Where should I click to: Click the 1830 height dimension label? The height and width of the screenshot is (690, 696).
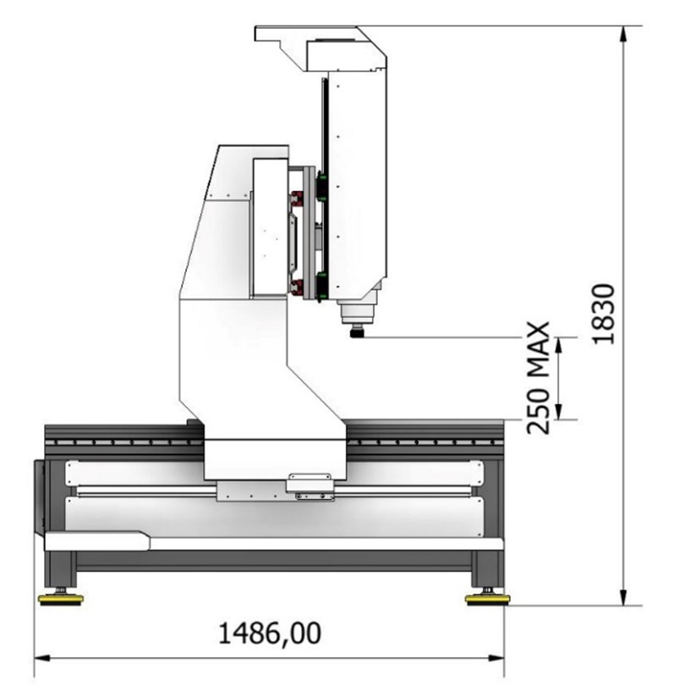pos(604,314)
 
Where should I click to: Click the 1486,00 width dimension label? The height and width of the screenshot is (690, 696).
pos(270,633)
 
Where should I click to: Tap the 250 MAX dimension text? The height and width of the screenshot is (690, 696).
pos(538,378)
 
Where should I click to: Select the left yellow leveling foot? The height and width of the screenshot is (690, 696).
pos(60,600)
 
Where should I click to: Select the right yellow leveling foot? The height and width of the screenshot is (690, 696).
pos(487,600)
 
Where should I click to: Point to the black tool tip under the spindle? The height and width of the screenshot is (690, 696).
pos(357,332)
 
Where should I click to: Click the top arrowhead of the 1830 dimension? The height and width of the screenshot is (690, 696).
pos(624,34)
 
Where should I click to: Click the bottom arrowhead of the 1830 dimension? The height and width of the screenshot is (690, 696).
pos(624,597)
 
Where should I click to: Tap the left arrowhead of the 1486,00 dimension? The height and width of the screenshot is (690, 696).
pos(42,658)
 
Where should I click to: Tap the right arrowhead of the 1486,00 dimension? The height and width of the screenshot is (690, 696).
pos(496,658)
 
